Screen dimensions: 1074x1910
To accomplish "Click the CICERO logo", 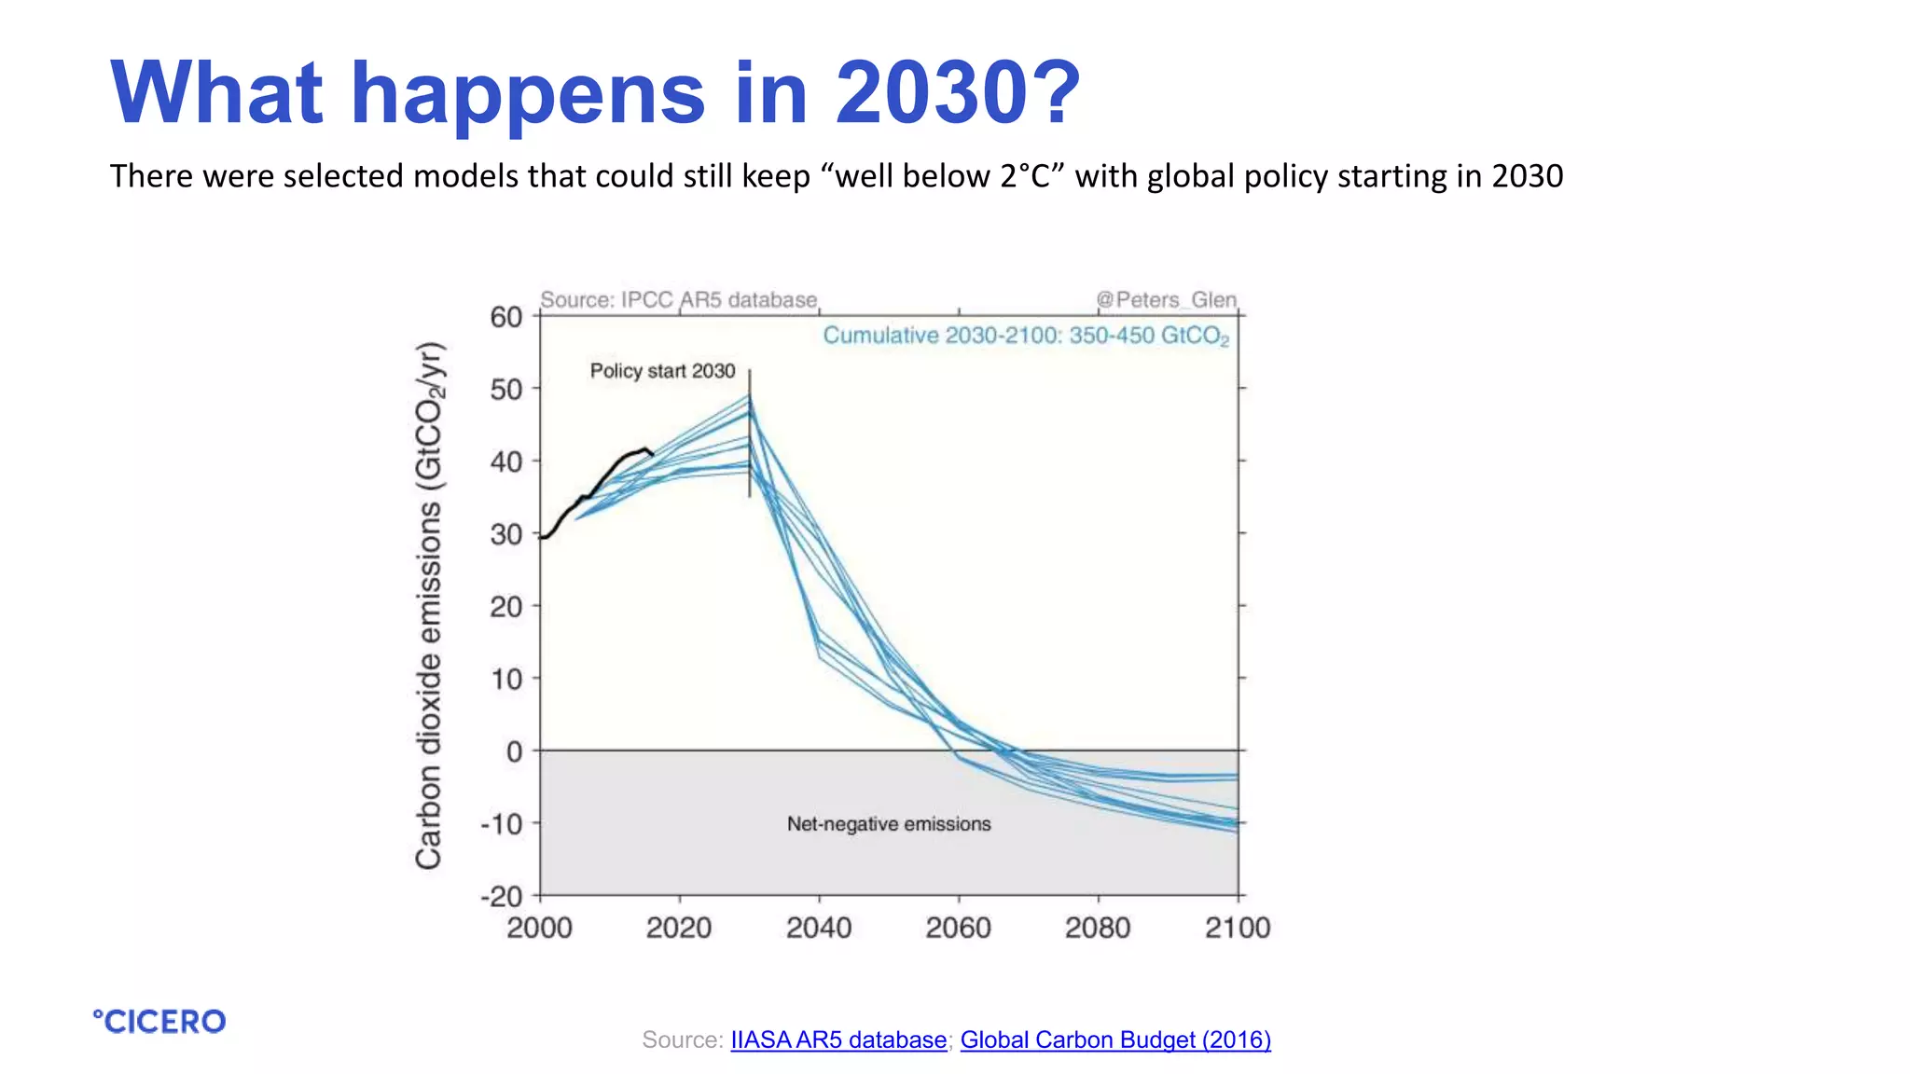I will pos(159,1022).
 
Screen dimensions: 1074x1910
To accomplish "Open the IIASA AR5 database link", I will pos(837,1040).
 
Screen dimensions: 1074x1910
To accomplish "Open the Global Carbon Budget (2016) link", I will pos(1115,1040).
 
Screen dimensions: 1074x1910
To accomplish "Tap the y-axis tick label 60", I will pos(506,317).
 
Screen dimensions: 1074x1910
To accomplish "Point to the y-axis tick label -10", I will pos(502,824).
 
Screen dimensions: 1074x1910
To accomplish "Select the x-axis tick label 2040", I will pos(819,928).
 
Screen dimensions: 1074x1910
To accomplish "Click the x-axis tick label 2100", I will pos(1238,928).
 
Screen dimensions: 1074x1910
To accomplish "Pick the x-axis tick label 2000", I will pos(540,928).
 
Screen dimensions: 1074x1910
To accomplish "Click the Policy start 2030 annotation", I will pos(662,371).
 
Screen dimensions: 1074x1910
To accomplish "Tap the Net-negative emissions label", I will pos(889,824).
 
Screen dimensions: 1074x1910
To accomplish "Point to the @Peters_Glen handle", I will pos(1166,300).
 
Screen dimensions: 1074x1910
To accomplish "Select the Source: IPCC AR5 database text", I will pos(679,300).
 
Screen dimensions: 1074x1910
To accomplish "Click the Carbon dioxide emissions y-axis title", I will pos(429,606).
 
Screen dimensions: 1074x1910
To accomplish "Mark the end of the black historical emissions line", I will pos(652,453).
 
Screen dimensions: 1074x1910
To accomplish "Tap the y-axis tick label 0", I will pos(514,751).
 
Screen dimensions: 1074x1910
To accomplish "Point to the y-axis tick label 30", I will pos(506,534).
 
